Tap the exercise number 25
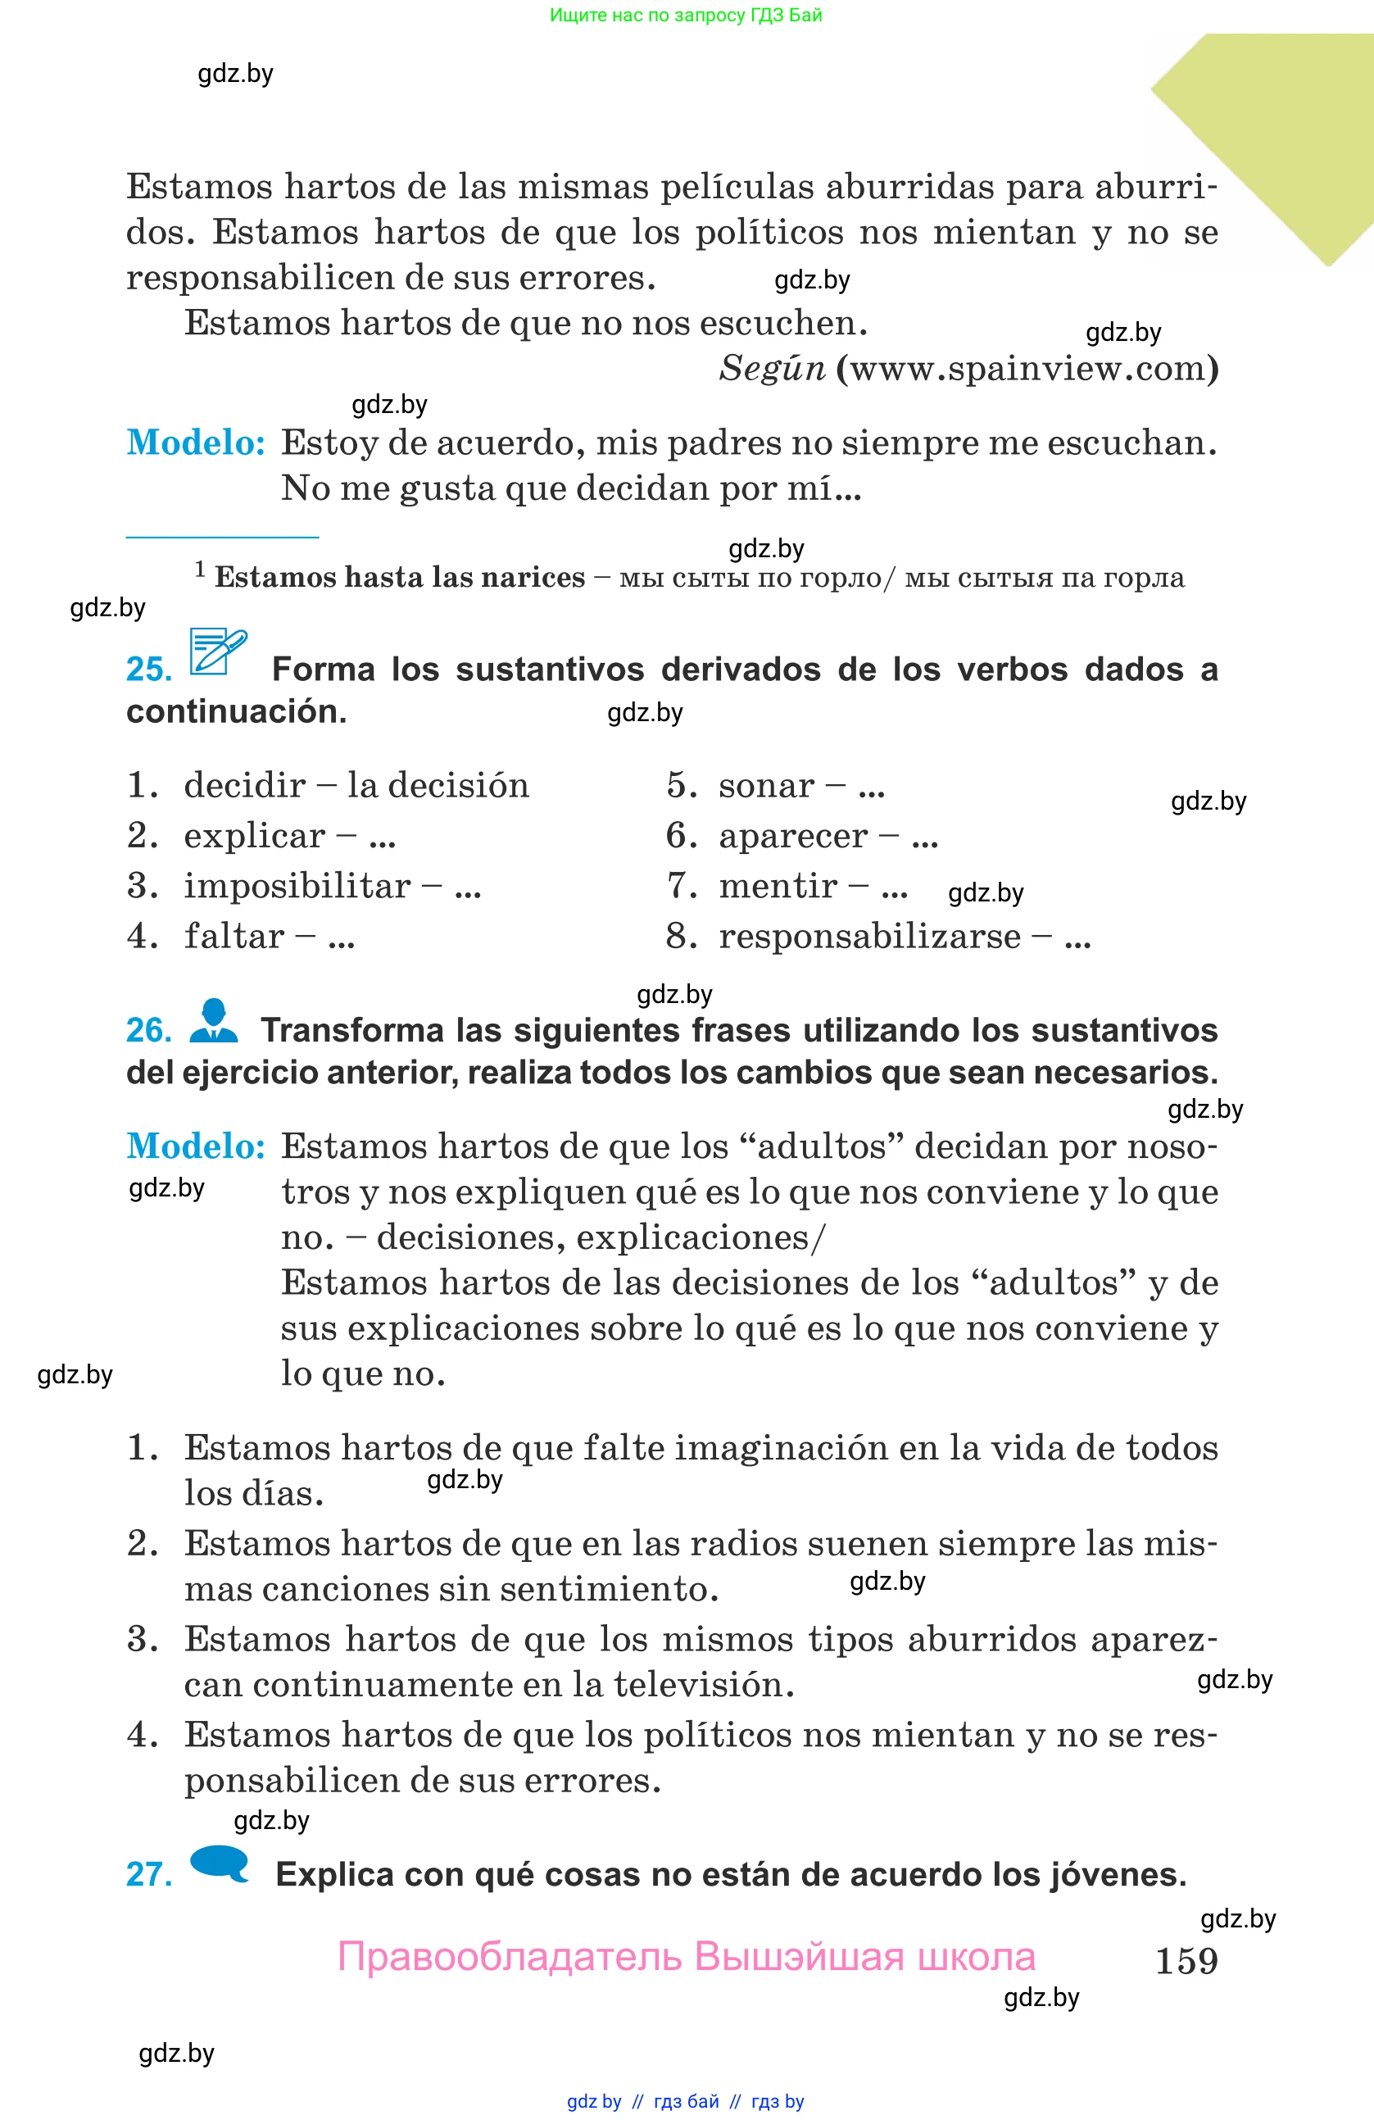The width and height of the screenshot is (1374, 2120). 149,669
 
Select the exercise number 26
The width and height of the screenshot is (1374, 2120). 149,1031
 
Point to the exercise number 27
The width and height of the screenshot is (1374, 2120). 149,1874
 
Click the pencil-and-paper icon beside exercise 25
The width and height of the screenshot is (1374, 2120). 217,652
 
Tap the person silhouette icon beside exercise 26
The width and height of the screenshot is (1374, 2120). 214,1021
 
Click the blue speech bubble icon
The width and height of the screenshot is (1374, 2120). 219,1864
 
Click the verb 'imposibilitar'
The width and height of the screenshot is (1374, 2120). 297,887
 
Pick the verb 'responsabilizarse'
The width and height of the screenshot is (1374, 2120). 869,936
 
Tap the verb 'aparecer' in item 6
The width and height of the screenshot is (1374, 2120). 792,837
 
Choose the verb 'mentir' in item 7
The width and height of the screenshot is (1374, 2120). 778,887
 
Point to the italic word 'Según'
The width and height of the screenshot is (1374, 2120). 772,369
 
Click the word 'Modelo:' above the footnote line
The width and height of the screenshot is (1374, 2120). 196,443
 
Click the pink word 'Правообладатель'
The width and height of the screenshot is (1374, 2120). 510,1957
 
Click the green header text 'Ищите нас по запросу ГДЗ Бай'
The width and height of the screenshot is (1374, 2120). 686,15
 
